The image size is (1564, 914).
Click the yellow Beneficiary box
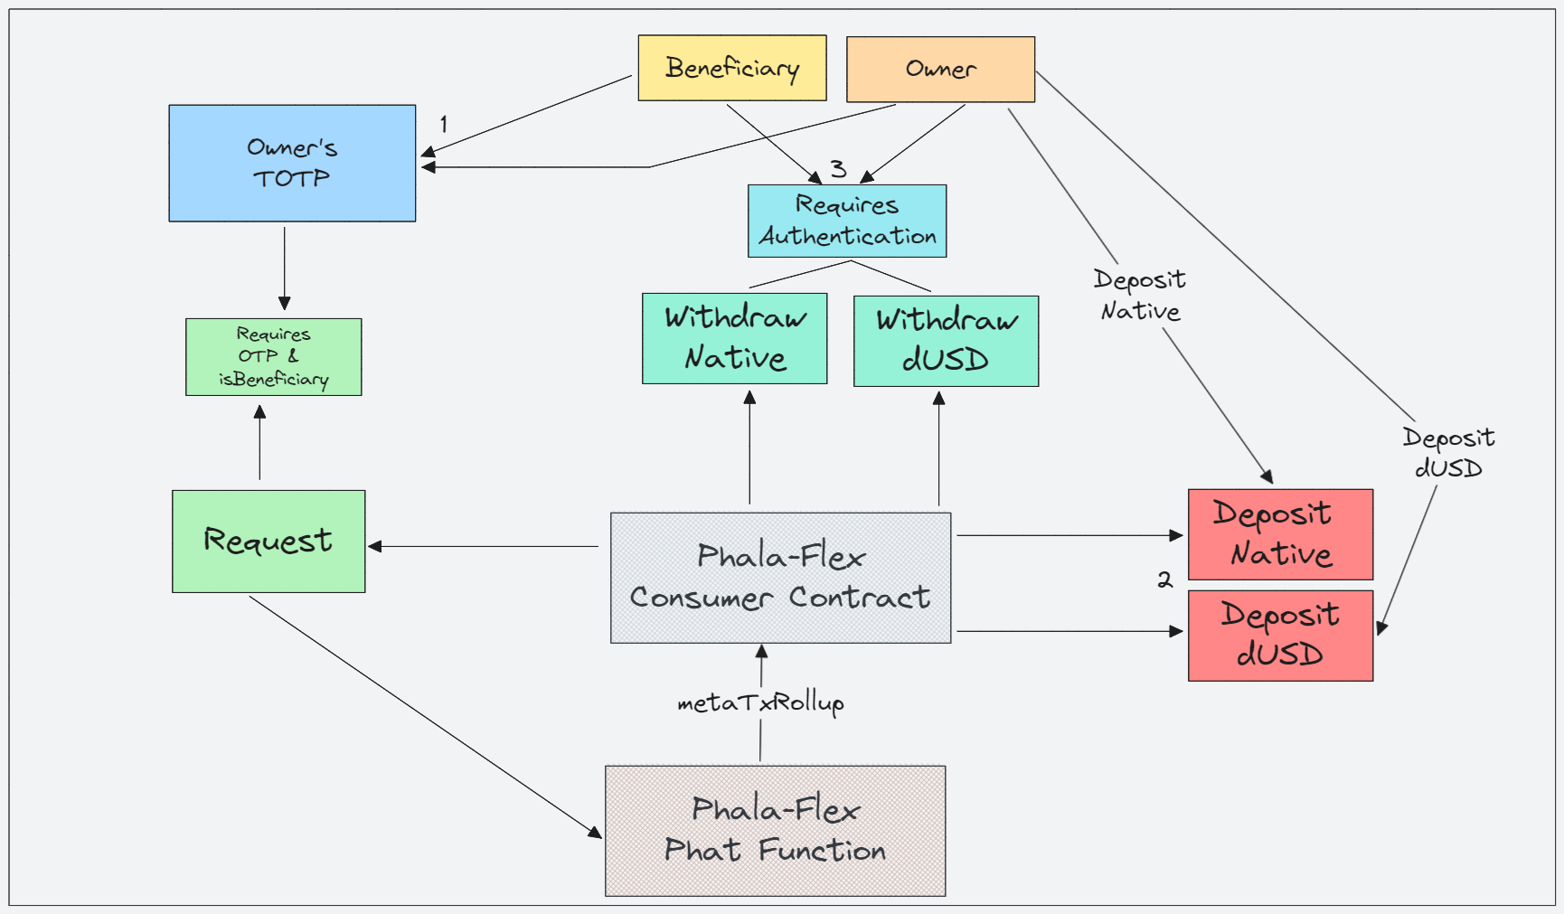pyautogui.click(x=731, y=68)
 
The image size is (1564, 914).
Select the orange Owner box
pyautogui.click(x=940, y=69)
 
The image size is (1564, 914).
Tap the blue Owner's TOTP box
pyautogui.click(x=292, y=163)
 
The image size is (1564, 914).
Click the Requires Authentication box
pyautogui.click(x=847, y=221)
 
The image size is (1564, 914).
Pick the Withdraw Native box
pyautogui.click(x=734, y=338)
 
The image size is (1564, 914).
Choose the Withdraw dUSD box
pyautogui.click(x=946, y=341)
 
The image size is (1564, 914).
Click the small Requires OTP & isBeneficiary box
pyautogui.click(x=273, y=356)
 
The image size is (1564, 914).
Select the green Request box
pyautogui.click(x=269, y=541)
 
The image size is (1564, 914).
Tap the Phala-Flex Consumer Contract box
pyautogui.click(x=780, y=578)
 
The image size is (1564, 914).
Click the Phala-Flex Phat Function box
pyautogui.click(x=775, y=830)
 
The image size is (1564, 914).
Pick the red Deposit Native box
pyautogui.click(x=1280, y=534)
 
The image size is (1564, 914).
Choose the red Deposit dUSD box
pyautogui.click(x=1280, y=635)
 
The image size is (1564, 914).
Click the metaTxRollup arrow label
pyautogui.click(x=760, y=702)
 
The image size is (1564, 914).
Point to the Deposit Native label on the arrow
pyautogui.click(x=1139, y=295)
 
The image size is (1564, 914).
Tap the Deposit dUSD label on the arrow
pyautogui.click(x=1447, y=452)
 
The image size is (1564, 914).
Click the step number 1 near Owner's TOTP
pyautogui.click(x=443, y=124)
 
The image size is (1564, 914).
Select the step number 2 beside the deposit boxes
pyautogui.click(x=1164, y=579)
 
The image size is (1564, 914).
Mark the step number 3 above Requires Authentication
pyautogui.click(x=838, y=168)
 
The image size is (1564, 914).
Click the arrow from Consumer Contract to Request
pyautogui.click(x=484, y=546)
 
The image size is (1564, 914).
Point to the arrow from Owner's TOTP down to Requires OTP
pyautogui.click(x=284, y=268)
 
